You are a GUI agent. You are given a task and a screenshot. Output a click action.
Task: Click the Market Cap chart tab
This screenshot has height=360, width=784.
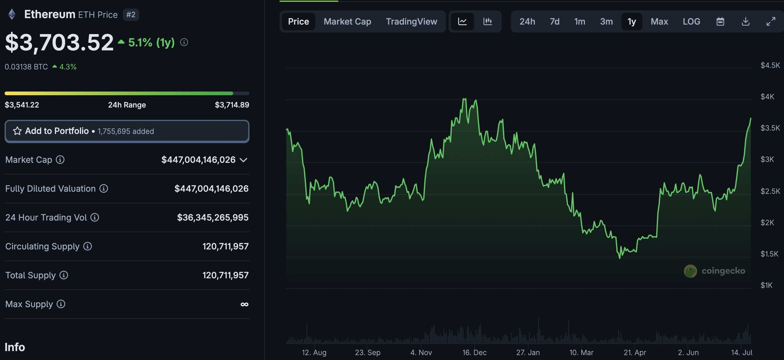point(347,22)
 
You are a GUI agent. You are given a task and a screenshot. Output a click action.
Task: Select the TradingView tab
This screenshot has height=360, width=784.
point(411,22)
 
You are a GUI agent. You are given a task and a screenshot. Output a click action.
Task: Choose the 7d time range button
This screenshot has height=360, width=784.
point(555,22)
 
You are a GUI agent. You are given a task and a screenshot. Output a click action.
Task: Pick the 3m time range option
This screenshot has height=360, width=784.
point(606,22)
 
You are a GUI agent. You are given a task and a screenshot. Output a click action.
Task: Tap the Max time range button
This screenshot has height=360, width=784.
point(659,22)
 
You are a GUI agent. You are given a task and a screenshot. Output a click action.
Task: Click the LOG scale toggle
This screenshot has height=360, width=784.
point(691,22)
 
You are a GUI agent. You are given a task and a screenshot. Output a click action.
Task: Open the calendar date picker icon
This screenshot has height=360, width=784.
point(720,22)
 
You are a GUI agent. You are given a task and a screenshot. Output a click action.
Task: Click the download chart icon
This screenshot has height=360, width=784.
point(746,22)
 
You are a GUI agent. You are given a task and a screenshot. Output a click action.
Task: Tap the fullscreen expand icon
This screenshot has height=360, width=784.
point(771,22)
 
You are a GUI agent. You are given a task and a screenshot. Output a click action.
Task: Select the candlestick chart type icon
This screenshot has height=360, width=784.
point(488,22)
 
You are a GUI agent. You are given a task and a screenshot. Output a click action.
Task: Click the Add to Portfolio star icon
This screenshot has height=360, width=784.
point(17,131)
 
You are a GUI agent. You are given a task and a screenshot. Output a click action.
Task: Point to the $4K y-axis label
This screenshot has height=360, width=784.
point(767,97)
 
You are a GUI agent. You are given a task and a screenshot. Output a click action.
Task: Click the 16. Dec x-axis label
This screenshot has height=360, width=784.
point(474,352)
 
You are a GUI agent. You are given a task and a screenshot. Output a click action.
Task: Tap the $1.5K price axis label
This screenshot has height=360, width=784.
point(769,254)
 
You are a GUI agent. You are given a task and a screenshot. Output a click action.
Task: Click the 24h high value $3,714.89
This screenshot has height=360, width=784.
point(232,105)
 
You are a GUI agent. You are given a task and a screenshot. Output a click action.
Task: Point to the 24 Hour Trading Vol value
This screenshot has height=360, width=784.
point(213,217)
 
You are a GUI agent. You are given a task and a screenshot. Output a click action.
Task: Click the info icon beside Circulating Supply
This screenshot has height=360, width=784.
point(88,246)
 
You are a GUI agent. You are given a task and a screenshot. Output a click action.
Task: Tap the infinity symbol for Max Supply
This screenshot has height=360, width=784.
point(244,304)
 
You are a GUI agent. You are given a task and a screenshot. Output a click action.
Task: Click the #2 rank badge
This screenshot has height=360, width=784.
point(131,15)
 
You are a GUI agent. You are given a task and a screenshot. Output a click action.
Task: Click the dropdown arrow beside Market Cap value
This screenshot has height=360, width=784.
point(243,160)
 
